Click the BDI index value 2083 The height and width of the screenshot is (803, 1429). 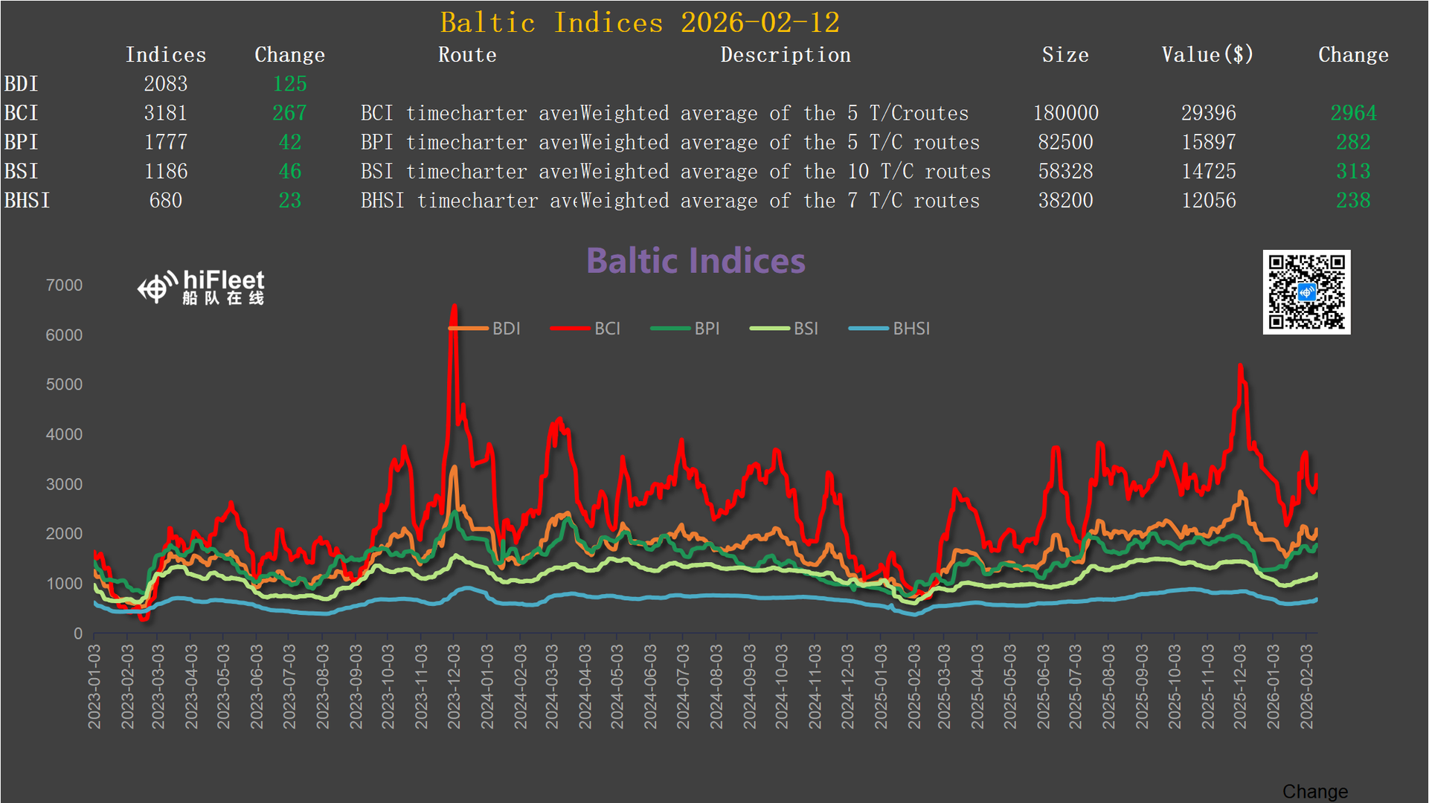pyautogui.click(x=165, y=84)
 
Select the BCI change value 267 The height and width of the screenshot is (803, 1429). pyautogui.click(x=289, y=113)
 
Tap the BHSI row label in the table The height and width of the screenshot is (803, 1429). pyautogui.click(x=27, y=201)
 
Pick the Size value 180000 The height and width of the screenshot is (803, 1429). pyautogui.click(x=1065, y=113)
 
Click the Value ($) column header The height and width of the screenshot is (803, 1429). pyautogui.click(x=1207, y=55)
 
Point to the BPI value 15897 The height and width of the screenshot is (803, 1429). pyautogui.click(x=1208, y=142)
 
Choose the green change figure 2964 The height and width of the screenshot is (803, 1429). pyautogui.click(x=1353, y=113)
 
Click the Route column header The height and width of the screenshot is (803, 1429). pyautogui.click(x=467, y=55)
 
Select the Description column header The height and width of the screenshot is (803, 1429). pyautogui.click(x=785, y=55)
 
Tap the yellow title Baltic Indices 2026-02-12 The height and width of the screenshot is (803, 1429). pyautogui.click(x=639, y=23)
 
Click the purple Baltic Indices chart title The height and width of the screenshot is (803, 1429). pyautogui.click(x=696, y=261)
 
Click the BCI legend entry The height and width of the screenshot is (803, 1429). pyautogui.click(x=586, y=329)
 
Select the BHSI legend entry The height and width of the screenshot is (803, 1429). pyautogui.click(x=890, y=329)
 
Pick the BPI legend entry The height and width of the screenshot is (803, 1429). pyautogui.click(x=685, y=329)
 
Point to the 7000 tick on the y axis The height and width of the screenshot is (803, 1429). pyautogui.click(x=64, y=286)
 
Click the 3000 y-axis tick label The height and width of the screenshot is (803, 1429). pyautogui.click(x=64, y=485)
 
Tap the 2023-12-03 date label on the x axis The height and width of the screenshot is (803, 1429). pyautogui.click(x=454, y=686)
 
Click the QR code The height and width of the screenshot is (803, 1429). pyautogui.click(x=1306, y=292)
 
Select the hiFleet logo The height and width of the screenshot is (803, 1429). pyautogui.click(x=201, y=288)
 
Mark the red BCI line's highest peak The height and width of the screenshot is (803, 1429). pyautogui.click(x=454, y=306)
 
